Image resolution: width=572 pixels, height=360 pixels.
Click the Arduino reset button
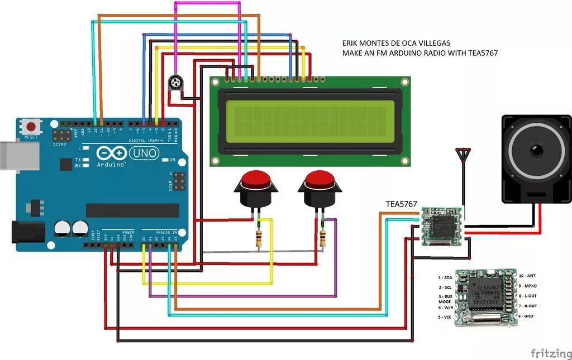coord(31,126)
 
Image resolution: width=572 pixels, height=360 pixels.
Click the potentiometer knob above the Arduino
coord(175,84)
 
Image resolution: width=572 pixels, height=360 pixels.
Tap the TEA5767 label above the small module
coord(401,204)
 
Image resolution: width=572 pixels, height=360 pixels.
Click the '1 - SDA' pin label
coord(445,277)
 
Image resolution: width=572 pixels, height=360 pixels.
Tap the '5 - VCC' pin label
coord(445,316)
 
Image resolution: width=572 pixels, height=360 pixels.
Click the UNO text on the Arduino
coord(144,153)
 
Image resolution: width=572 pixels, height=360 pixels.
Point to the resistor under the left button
coord(259,238)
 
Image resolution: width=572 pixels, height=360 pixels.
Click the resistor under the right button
coord(323,238)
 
